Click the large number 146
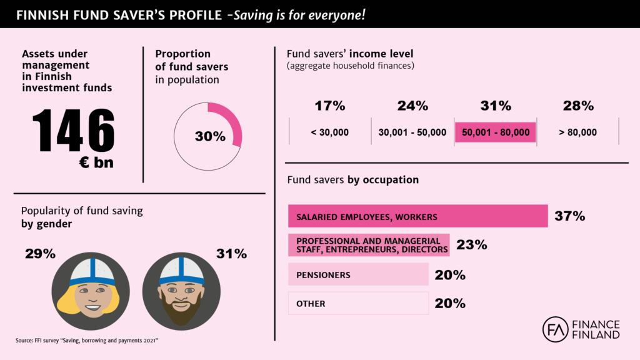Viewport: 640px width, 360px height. pos(74,131)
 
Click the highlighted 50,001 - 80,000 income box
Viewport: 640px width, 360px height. pos(495,132)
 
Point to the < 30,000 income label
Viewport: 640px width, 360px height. pos(330,132)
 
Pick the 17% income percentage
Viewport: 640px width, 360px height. pos(330,106)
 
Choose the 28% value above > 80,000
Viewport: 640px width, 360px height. pos(577,106)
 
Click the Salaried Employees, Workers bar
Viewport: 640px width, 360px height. pos(417,216)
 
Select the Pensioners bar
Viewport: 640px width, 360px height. pos(358,274)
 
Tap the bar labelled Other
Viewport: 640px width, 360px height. pos(358,303)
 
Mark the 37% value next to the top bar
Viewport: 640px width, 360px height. pos(569,216)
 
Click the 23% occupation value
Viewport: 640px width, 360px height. pos(471,244)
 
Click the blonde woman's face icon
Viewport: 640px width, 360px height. pos(90,291)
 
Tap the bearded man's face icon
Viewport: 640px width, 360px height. pos(181,291)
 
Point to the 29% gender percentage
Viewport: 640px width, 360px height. pos(40,254)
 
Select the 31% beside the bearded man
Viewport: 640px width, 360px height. pos(231,254)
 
